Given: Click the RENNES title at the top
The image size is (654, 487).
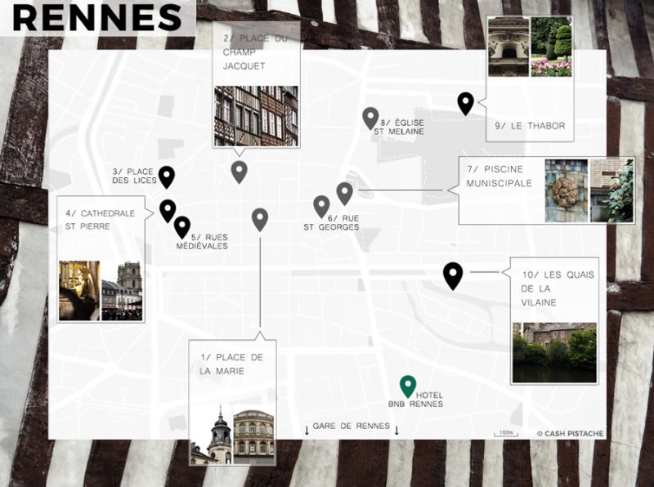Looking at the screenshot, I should click(x=97, y=17).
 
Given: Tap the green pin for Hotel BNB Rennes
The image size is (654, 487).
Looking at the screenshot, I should click(x=407, y=386).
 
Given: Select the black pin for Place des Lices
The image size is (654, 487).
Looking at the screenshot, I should click(x=167, y=176).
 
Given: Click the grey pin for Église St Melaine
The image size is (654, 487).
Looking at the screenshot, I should click(x=370, y=118).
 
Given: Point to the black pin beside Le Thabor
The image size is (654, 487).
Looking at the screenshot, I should click(x=465, y=103).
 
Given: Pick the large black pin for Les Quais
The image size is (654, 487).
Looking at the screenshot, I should click(x=452, y=275).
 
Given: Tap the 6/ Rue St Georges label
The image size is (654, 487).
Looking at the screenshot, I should click(x=331, y=222).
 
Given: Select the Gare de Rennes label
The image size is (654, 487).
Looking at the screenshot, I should click(x=352, y=427).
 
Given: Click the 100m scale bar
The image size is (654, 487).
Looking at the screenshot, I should click(x=506, y=433).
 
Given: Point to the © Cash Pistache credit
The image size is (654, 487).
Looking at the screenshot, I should click(x=570, y=433).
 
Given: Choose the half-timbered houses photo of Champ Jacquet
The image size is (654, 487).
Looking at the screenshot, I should click(x=256, y=115).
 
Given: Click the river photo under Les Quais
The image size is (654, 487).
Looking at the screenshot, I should click(x=553, y=352).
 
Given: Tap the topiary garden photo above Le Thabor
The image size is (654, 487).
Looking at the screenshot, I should click(x=551, y=47).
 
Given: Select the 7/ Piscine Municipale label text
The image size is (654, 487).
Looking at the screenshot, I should click(x=499, y=176).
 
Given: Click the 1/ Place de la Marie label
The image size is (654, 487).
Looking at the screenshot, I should click(x=231, y=364).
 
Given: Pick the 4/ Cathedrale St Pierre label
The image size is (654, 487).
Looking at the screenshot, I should click(x=101, y=219).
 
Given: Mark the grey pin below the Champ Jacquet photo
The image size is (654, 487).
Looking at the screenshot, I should click(x=239, y=172).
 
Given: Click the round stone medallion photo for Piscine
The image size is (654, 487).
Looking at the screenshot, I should click(x=566, y=191).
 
